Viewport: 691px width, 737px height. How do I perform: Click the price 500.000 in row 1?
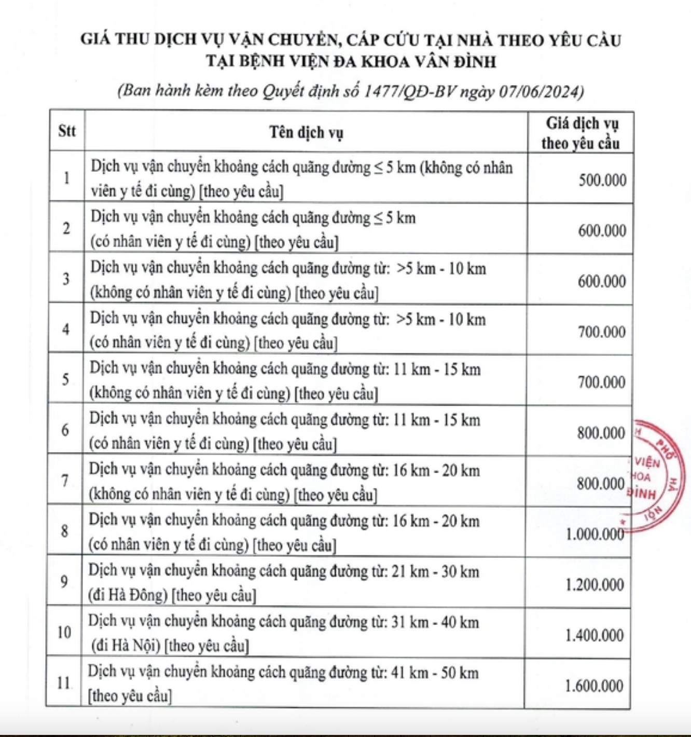(x=602, y=180)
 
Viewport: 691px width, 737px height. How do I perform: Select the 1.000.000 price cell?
(x=595, y=534)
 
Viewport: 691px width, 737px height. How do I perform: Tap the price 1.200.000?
(x=595, y=584)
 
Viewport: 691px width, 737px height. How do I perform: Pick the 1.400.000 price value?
(x=595, y=635)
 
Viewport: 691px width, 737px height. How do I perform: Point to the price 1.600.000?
(x=594, y=686)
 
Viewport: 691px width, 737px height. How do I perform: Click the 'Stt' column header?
(x=67, y=131)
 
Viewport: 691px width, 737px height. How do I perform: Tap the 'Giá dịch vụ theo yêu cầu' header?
(x=581, y=133)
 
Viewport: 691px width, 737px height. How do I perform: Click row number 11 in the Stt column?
(x=64, y=683)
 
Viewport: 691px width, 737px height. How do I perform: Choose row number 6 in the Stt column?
(x=65, y=430)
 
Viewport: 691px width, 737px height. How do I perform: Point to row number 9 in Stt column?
(x=64, y=581)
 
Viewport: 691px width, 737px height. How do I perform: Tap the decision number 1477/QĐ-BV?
(x=409, y=91)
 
